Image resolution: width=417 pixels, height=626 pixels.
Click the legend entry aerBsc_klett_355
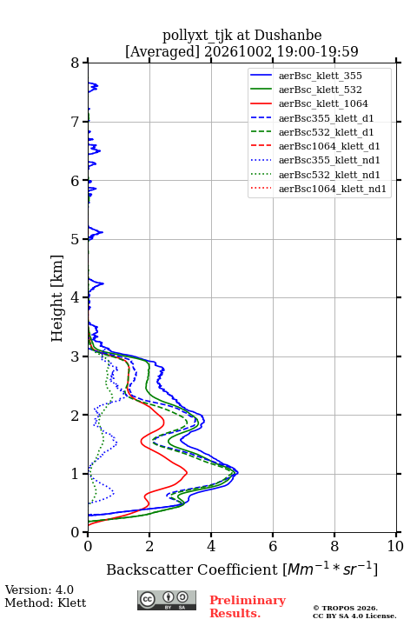point(306,76)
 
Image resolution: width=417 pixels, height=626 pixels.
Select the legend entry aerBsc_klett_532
point(306,90)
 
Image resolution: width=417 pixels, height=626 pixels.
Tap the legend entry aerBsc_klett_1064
point(309,103)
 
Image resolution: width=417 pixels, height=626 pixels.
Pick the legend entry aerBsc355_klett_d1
point(312,118)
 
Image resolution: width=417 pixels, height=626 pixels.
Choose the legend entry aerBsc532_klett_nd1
point(314,175)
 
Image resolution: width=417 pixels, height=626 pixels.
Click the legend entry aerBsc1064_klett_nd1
point(318,189)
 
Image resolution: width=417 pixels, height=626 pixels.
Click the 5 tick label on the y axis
point(76,239)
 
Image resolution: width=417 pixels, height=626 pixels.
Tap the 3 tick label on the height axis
point(76,356)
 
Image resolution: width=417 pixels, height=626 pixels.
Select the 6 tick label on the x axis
point(273,546)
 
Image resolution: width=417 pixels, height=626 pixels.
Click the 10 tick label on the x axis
point(395,546)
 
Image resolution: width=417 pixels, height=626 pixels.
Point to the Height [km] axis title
point(57,298)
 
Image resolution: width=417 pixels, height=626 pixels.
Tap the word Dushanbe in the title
point(288,36)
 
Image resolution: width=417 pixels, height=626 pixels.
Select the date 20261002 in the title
point(238,51)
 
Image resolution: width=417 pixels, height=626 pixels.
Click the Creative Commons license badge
point(167,600)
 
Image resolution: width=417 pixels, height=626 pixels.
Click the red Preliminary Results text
point(248,607)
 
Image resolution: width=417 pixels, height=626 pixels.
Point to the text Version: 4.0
point(39,589)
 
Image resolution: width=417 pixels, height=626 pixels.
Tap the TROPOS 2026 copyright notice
point(345,609)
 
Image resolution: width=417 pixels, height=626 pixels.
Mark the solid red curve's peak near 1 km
point(187,473)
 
